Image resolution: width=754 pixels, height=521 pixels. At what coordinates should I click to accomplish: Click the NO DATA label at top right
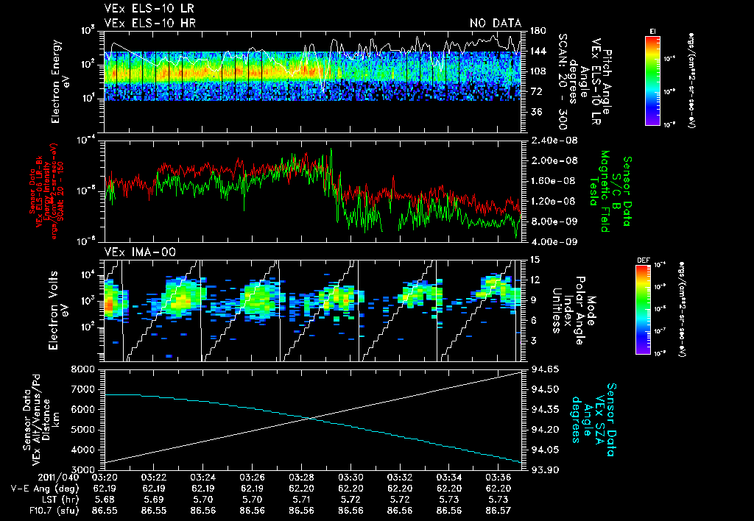pyautogui.click(x=495, y=24)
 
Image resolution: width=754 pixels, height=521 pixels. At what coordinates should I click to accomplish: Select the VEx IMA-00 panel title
pyautogui.click(x=133, y=252)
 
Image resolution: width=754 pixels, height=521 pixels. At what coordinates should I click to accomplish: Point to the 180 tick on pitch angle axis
pyautogui.click(x=537, y=31)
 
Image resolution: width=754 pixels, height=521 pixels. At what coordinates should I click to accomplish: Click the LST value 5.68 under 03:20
pyautogui.click(x=104, y=498)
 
